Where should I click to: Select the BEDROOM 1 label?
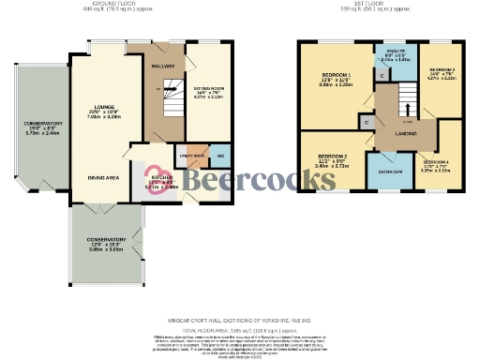pos(336,74)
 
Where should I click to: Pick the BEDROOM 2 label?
pos(333,156)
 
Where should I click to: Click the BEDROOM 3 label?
pos(442,70)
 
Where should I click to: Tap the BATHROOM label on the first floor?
pos(384,172)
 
